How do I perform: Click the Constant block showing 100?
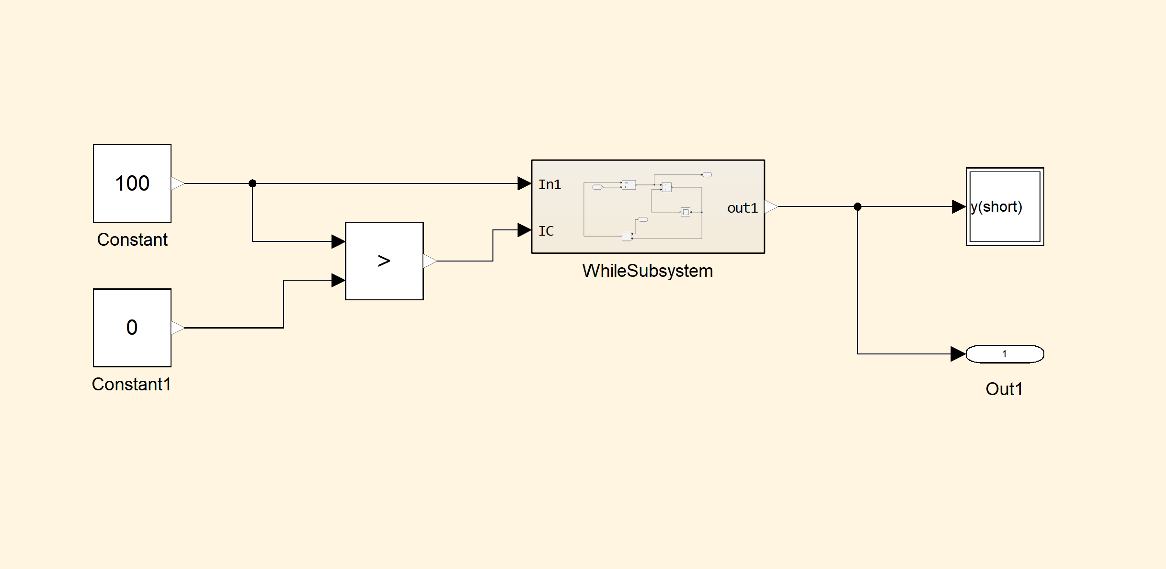[132, 183]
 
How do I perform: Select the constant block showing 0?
[132, 328]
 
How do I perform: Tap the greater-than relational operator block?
[384, 261]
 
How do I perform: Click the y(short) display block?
[1005, 206]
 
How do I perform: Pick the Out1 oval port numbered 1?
[1005, 354]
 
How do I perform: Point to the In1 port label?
[549, 184]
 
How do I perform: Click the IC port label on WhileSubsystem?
[546, 231]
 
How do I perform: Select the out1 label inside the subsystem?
[742, 208]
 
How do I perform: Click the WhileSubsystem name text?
[648, 271]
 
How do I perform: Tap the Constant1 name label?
[132, 384]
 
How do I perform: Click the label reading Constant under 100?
[132, 239]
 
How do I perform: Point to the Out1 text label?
[1004, 389]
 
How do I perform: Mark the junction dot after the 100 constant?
[252, 183]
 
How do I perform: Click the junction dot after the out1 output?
[857, 206]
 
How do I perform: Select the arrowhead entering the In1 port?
[525, 183]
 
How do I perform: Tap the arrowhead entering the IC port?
[525, 230]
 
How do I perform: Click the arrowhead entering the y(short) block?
[959, 206]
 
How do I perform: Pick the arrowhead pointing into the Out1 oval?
[958, 354]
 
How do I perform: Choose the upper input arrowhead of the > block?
[338, 241]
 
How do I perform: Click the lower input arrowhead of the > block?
[338, 280]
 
